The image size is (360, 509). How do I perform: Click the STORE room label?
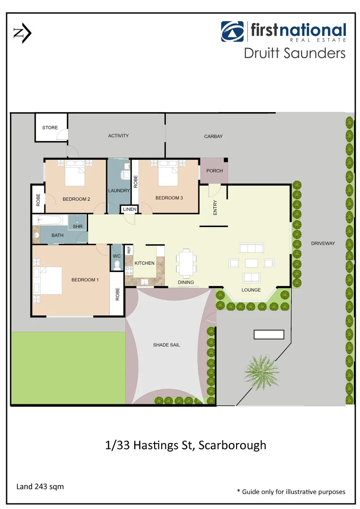[50, 128]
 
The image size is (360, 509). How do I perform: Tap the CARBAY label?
[213, 137]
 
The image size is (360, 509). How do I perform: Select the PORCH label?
[214, 171]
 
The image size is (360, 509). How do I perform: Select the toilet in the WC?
[116, 267]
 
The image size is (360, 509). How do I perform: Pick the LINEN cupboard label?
[130, 209]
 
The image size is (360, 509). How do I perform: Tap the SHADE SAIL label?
[166, 345]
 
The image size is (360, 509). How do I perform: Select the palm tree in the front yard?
[262, 369]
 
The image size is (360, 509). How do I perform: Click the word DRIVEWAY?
[323, 243]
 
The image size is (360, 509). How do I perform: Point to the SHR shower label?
[77, 227]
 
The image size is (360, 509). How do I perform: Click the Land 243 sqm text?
[40, 486]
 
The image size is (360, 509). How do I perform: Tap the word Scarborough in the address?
[232, 445]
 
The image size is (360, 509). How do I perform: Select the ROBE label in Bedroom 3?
[135, 182]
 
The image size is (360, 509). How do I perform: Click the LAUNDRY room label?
[119, 191]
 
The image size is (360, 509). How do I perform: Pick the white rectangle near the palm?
[269, 335]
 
